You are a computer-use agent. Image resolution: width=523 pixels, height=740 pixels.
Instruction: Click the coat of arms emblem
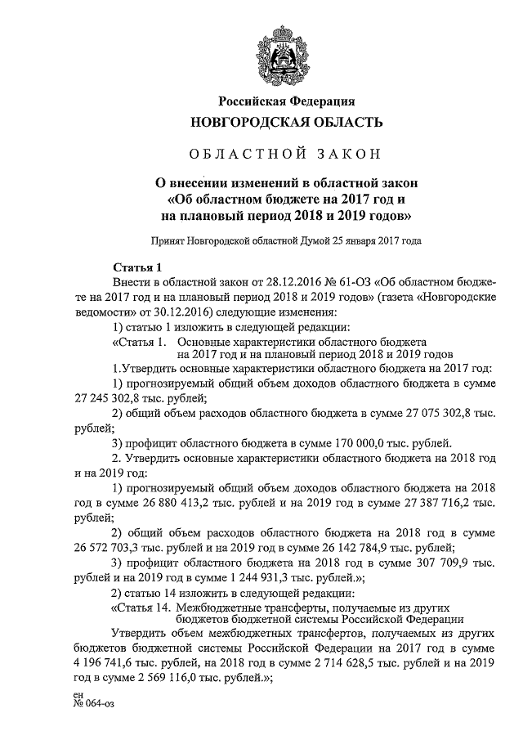pos(285,52)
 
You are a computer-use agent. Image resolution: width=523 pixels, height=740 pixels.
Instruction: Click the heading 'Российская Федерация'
pos(286,101)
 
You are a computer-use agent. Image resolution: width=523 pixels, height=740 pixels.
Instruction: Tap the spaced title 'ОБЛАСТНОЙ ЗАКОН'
pos(286,155)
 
